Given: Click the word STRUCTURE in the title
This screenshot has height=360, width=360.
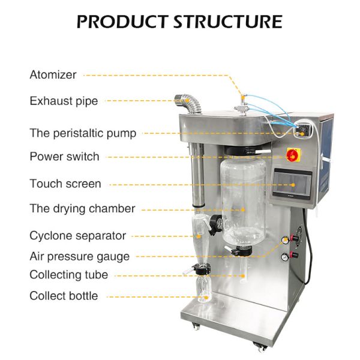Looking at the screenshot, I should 227,22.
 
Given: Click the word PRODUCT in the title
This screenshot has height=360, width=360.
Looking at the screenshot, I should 123,22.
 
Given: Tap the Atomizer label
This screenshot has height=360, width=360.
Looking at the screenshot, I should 53,75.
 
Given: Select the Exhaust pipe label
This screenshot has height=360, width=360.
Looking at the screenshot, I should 64,101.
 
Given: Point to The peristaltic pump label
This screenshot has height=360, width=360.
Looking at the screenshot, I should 83,133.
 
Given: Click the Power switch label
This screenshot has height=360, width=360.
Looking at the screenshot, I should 64,157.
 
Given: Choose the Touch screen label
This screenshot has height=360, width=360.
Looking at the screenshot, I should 65,184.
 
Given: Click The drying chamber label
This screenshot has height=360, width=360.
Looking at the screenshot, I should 82,209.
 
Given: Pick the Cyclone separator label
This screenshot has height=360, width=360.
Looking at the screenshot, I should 77,235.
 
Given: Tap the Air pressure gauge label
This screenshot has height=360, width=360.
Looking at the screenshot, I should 79,256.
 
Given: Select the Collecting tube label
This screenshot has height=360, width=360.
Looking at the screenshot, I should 68,275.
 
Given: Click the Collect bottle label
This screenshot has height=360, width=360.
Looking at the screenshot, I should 64,296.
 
